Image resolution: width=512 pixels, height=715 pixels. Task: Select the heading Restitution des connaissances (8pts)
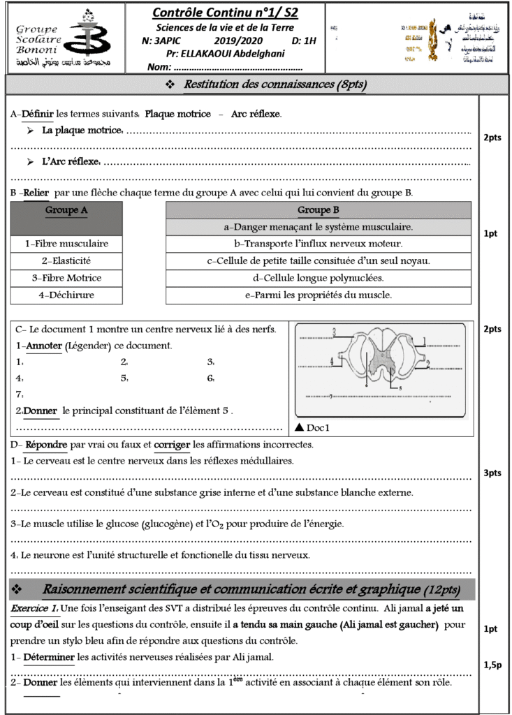tap(275, 84)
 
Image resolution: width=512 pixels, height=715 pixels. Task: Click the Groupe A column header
tap(66, 209)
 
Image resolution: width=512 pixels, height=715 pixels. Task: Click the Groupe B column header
tap(319, 209)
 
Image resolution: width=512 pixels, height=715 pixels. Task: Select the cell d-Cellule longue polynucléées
tap(319, 278)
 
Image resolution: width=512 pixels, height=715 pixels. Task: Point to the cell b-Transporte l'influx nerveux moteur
tap(319, 244)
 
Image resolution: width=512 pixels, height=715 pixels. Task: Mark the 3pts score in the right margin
tap(492, 473)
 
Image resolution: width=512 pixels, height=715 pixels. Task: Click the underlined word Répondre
tap(46, 445)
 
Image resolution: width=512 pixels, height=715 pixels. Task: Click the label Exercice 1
tap(34, 608)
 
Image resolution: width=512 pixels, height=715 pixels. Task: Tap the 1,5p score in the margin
tap(492, 665)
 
